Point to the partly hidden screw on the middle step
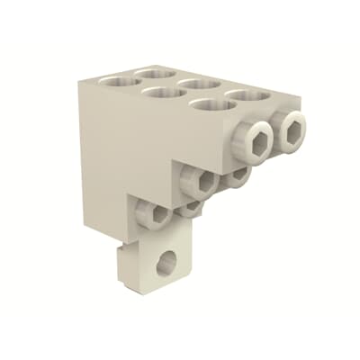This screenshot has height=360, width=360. coord(236,175)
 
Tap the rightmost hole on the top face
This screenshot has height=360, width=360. coord(247,94)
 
